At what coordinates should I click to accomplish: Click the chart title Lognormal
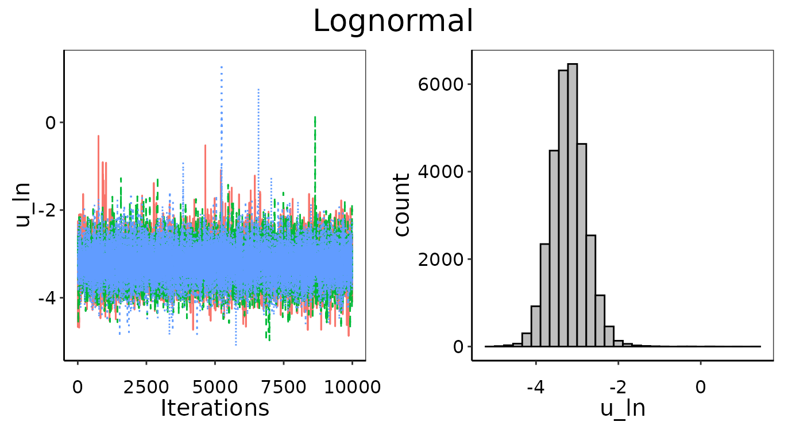click(393, 22)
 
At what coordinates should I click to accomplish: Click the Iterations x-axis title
click(215, 408)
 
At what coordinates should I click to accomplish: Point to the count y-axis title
click(402, 205)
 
